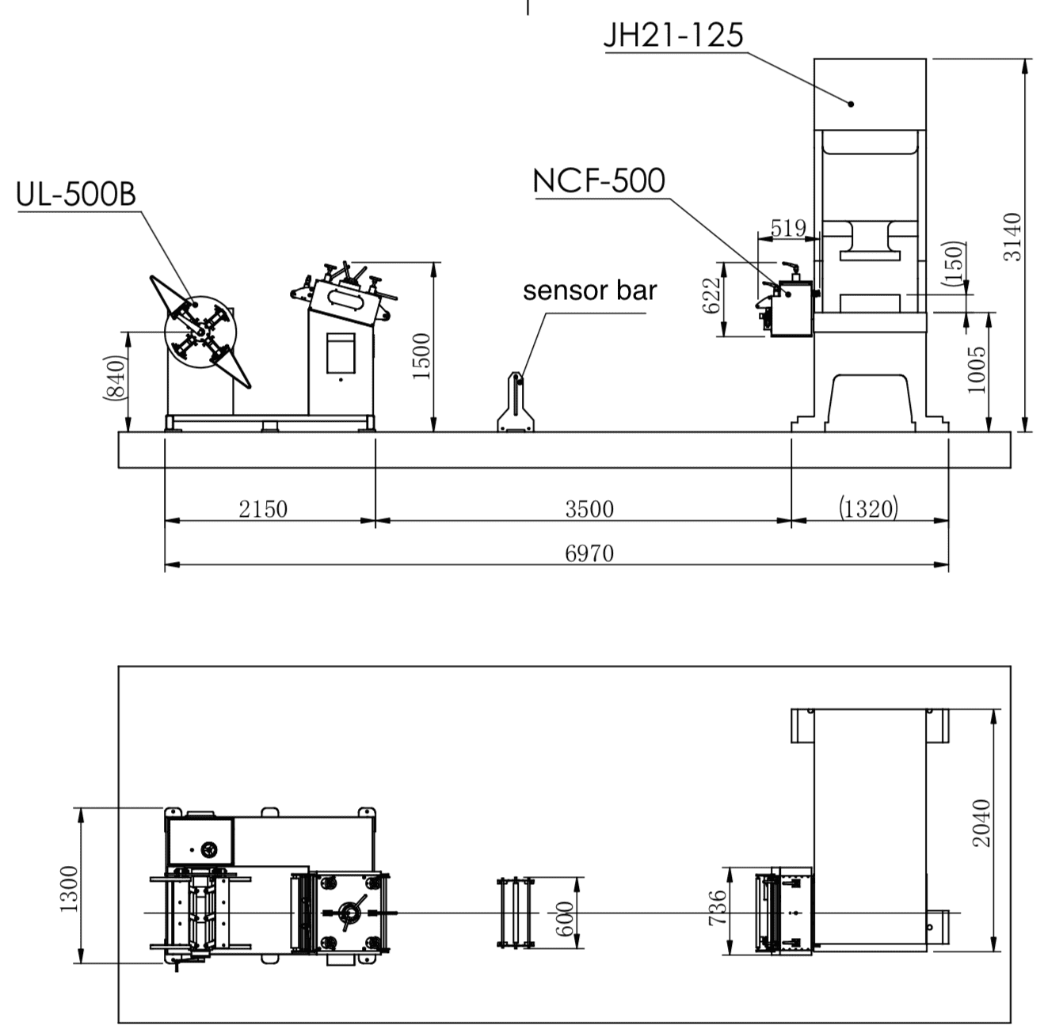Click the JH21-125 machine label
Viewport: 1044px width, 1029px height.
tap(673, 35)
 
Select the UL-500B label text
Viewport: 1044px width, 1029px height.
tap(76, 194)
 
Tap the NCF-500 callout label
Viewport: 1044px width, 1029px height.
tap(599, 181)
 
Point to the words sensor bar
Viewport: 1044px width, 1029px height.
tap(589, 290)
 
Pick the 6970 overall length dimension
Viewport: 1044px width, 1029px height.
tap(589, 552)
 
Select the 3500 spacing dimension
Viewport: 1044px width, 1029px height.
tap(589, 508)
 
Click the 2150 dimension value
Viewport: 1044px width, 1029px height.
tap(263, 508)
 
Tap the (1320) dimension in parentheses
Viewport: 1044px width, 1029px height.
tap(868, 508)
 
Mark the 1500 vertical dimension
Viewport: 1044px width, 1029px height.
tap(422, 356)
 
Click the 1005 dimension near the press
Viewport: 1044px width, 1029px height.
tap(977, 369)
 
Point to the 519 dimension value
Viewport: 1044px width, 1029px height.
tap(788, 228)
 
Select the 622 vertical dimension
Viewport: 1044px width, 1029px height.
tap(713, 295)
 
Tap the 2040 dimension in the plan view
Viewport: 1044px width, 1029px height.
tap(981, 822)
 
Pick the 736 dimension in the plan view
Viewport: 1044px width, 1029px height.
tap(716, 908)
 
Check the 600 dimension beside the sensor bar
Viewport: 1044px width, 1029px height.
tap(564, 918)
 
